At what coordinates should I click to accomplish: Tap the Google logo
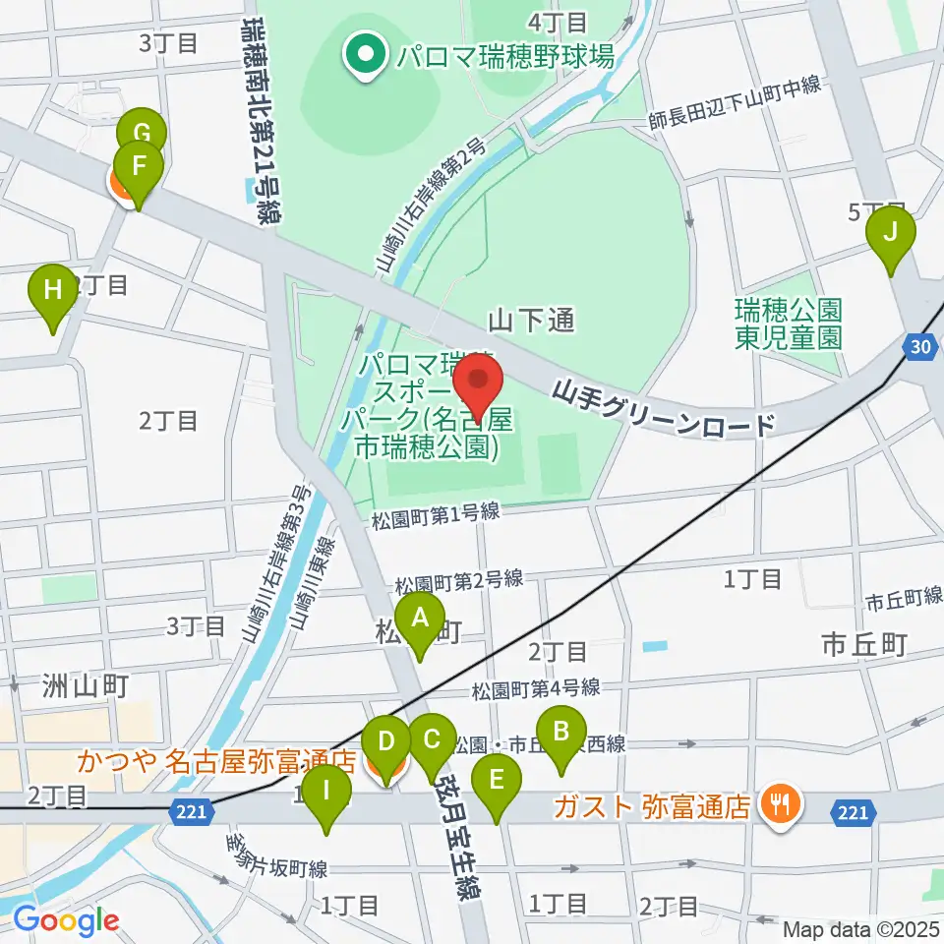tap(66, 921)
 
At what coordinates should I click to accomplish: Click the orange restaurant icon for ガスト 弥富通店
tap(782, 807)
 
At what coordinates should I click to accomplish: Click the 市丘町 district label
tap(863, 645)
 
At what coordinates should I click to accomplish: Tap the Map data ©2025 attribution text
tap(861, 928)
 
